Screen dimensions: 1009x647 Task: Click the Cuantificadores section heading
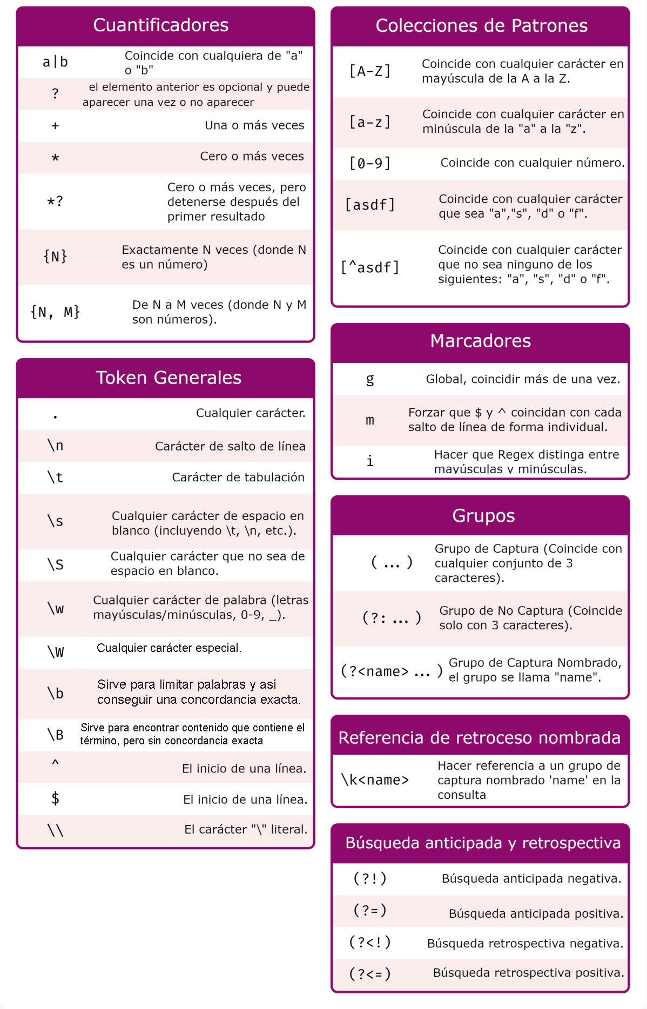160,25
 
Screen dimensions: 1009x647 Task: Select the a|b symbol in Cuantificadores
55,62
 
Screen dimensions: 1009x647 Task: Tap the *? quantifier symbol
55,201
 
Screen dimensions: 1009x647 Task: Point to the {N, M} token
55,312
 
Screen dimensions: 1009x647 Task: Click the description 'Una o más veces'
254,125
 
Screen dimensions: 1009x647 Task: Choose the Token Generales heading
169,378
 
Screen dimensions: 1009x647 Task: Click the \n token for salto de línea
55,446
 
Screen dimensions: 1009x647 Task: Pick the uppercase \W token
55,652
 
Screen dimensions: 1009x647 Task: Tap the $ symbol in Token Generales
55,798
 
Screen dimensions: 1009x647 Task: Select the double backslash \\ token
55,830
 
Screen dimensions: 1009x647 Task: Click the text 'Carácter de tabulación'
238,477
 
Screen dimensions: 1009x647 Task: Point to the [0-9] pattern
370,163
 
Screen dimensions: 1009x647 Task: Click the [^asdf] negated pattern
370,267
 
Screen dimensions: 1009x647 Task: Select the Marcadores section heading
480,341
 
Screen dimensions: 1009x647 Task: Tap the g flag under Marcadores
370,379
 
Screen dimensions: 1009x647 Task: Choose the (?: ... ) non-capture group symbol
392,617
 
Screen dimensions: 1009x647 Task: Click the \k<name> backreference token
375,780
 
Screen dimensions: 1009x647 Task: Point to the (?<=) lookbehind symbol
370,974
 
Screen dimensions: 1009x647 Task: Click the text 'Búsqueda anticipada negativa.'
531,879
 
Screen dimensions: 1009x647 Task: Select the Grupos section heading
483,516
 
